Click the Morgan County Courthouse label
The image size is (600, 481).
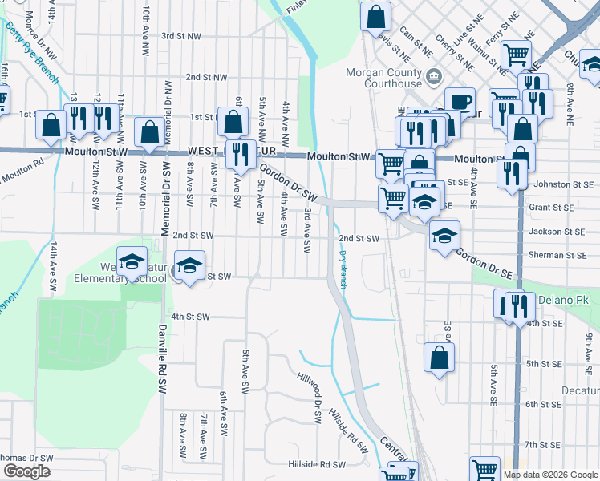[x=383, y=77]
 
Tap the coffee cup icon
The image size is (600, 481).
[x=460, y=103]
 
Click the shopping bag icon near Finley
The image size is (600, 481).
[x=375, y=16]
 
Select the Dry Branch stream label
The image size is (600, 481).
[x=343, y=269]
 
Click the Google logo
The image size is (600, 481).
[x=26, y=471]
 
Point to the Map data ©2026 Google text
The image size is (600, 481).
[x=550, y=475]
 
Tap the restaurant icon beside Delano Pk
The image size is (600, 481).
[x=515, y=305]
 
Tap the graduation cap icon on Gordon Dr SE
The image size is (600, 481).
[x=444, y=236]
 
